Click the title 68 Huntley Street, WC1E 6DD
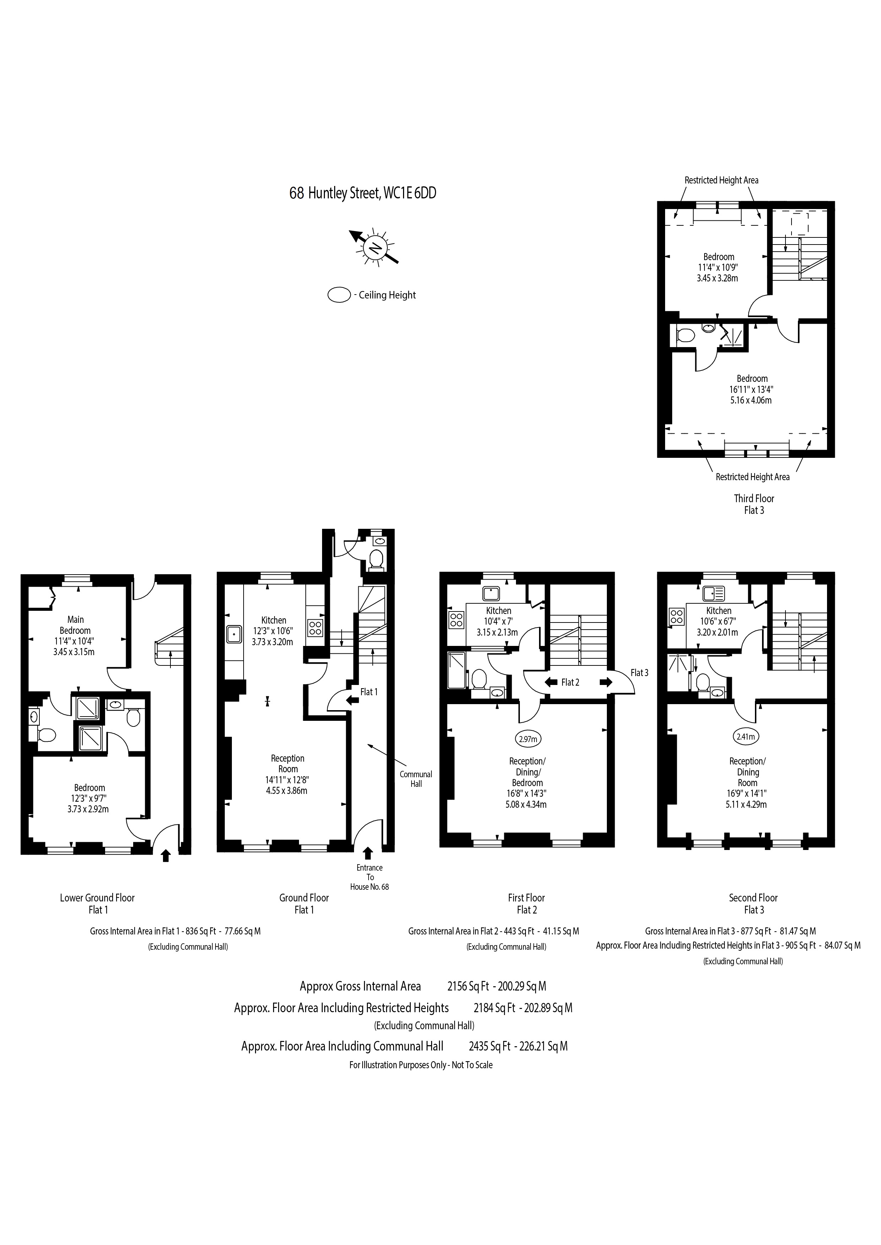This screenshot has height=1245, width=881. point(363,193)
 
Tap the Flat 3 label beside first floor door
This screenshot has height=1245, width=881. point(639,673)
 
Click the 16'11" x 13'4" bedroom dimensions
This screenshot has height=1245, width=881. point(751,389)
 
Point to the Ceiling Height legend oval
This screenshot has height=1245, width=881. point(339,296)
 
